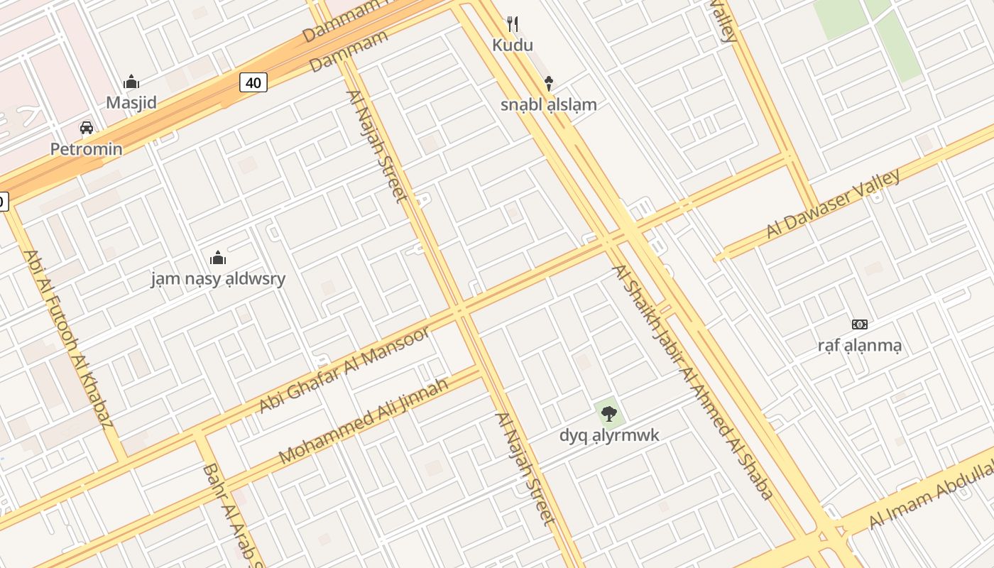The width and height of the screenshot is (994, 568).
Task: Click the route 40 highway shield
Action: coord(253,83)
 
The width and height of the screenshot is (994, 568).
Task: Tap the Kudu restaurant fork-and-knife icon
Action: coord(513,24)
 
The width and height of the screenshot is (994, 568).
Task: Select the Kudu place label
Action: coord(513,45)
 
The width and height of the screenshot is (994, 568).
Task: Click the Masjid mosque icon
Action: coord(131,82)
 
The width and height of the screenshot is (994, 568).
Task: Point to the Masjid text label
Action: coord(131,103)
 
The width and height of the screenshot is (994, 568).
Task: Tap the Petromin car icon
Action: coord(87,128)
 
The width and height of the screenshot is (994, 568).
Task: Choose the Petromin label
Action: coord(86,149)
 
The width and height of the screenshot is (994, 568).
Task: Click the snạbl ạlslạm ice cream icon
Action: coord(548,83)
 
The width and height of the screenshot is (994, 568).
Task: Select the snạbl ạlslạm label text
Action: coord(548,105)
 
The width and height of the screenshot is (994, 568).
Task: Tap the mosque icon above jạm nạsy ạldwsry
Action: coord(218,257)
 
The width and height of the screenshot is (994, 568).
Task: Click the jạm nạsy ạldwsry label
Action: coord(218,278)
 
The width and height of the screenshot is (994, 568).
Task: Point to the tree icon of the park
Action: coord(608,413)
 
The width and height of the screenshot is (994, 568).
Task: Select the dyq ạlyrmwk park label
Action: coord(609,435)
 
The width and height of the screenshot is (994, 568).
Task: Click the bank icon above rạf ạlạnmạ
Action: coord(860,324)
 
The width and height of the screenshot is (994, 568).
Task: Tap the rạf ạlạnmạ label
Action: coord(860,346)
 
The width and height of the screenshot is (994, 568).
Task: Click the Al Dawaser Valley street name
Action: coord(834,204)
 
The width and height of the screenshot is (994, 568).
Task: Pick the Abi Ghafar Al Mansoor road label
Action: coord(344,371)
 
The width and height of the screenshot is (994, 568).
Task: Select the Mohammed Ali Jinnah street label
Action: coord(364,421)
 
